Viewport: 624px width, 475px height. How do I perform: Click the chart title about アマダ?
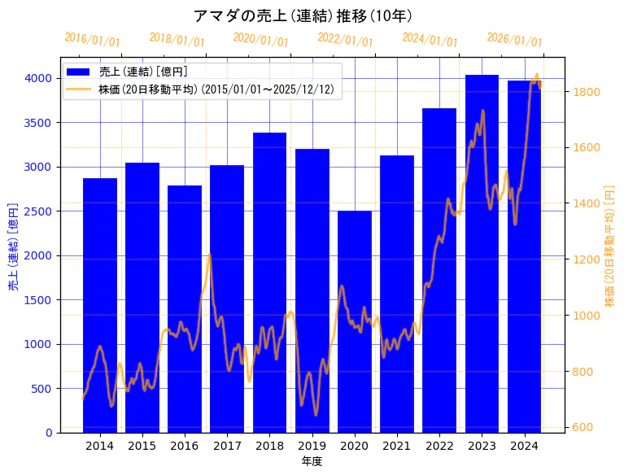[x=303, y=15]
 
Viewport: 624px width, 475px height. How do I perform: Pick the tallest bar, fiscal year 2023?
[x=482, y=253]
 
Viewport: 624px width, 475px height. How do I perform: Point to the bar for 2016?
[x=185, y=308]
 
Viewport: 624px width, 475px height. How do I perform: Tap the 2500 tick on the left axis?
[x=41, y=211]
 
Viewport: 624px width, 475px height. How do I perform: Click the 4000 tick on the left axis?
[x=41, y=79]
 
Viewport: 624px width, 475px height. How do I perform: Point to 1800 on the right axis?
[x=587, y=92]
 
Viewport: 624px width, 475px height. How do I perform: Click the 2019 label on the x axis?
[x=312, y=446]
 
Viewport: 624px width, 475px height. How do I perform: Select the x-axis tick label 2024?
[x=524, y=446]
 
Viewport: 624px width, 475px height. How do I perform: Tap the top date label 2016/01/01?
[x=92, y=41]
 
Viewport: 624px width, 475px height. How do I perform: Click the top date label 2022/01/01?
[x=345, y=41]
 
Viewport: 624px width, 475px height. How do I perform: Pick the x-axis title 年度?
[x=312, y=461]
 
